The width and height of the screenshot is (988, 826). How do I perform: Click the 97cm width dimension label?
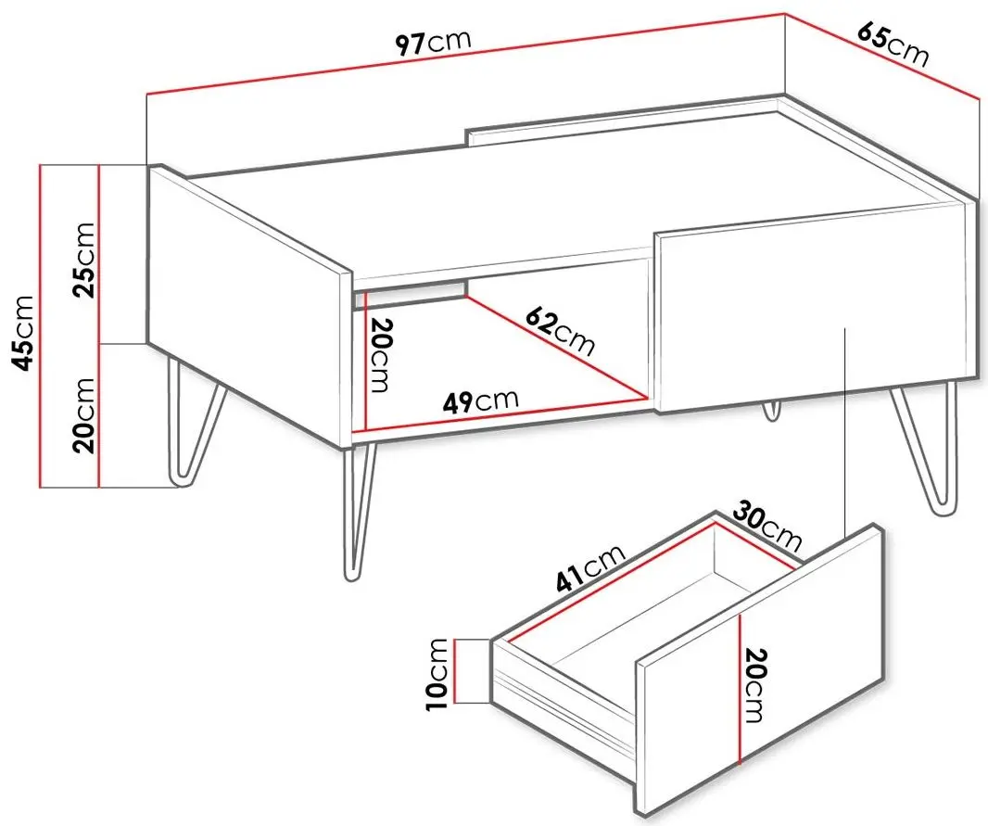point(433,43)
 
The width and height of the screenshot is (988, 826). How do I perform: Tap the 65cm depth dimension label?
point(893,45)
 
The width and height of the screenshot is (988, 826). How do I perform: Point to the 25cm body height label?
point(83,259)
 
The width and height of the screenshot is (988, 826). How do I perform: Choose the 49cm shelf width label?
point(480,401)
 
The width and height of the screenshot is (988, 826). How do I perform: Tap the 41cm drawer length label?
point(590,569)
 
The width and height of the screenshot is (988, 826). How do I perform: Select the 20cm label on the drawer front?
point(754,685)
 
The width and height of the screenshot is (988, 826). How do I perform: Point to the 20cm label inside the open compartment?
point(380,356)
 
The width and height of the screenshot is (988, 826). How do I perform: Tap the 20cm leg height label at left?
point(83,415)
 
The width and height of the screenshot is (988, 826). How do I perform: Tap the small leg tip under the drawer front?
point(770,410)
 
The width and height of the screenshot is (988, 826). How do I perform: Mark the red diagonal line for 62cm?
point(558,348)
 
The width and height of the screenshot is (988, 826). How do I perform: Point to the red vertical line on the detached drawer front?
point(740,690)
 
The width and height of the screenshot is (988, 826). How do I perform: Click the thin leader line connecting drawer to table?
point(843,433)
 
